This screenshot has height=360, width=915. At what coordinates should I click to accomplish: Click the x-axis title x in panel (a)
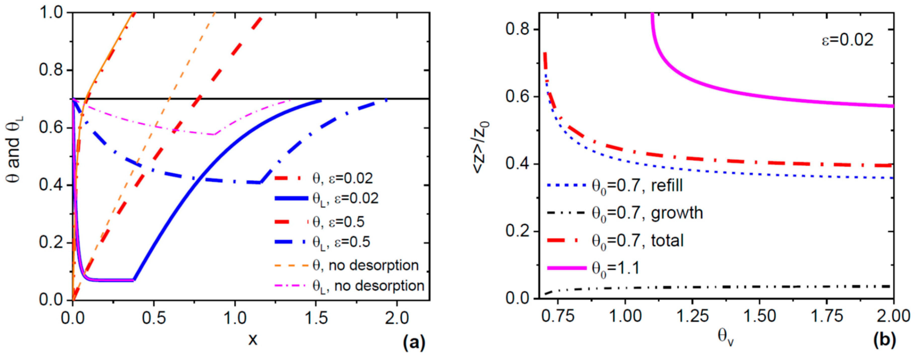(x=253, y=340)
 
